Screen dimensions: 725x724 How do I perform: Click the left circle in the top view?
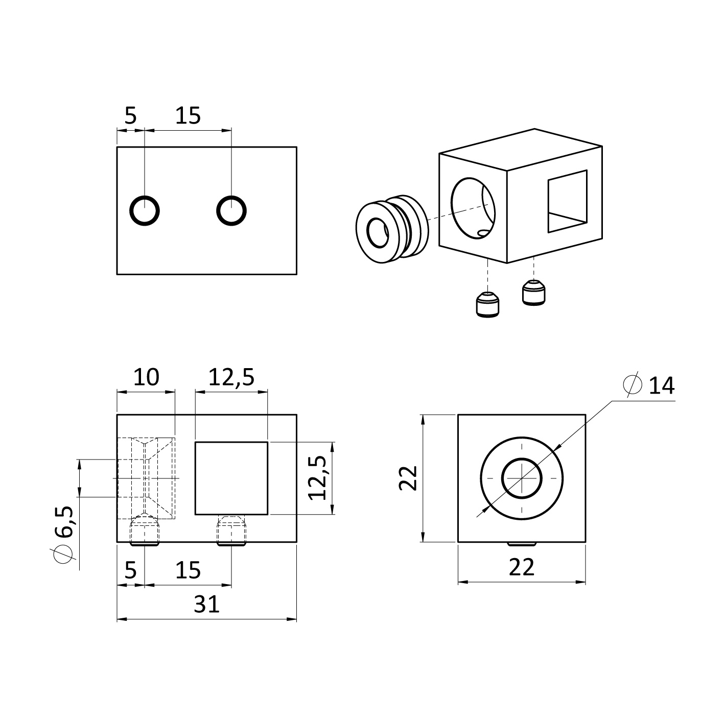pos(130,211)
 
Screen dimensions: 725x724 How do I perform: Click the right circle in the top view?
pos(217,211)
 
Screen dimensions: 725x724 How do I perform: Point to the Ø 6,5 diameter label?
pos(63,535)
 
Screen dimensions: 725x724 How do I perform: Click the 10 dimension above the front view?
pos(146,377)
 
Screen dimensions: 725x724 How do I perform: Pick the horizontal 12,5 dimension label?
pos(231,377)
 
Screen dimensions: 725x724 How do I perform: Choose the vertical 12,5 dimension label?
pos(317,478)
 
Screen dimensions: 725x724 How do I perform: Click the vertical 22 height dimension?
pos(408,478)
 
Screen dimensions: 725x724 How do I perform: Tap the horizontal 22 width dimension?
pos(522,567)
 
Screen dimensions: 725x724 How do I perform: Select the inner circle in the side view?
pos(502,478)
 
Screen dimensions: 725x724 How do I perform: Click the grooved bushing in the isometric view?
pos(391,229)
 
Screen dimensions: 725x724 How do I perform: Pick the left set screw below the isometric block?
pos(487,305)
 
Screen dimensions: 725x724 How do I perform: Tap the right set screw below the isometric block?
pos(533,292)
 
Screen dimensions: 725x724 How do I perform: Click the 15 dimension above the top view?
pos(188,115)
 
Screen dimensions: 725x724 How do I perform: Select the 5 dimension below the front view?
pos(130,570)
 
